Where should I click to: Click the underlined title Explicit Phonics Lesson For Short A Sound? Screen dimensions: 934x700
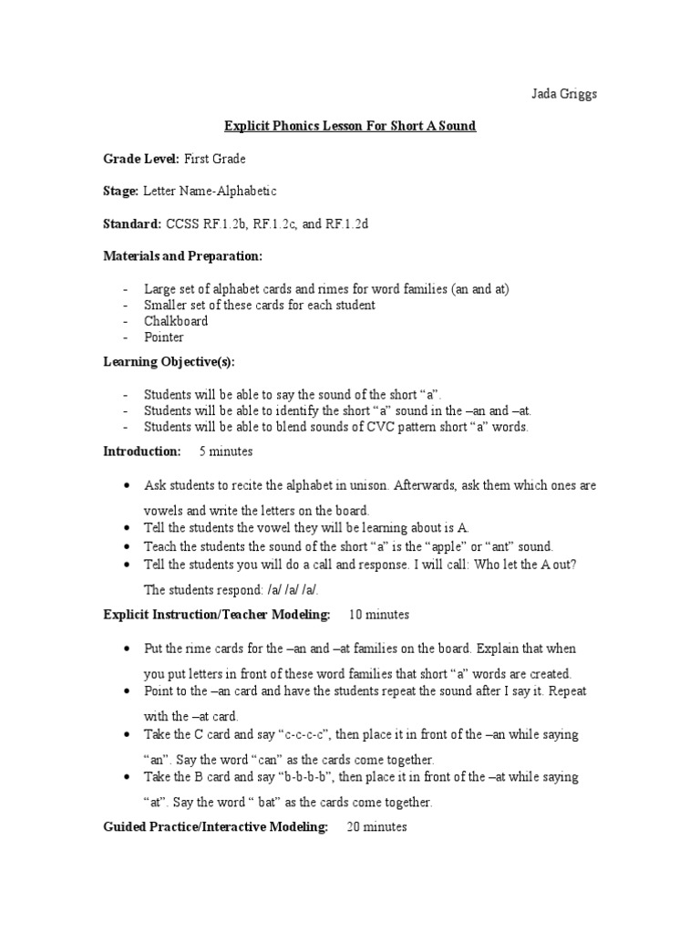coord(350,126)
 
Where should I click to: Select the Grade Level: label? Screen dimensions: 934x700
coord(141,159)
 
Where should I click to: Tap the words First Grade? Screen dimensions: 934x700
coord(214,159)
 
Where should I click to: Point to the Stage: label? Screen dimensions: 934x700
coord(120,191)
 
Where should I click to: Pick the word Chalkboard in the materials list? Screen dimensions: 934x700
coord(176,321)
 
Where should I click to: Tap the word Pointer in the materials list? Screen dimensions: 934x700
coord(164,337)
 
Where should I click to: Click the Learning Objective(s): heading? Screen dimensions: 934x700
coord(169,362)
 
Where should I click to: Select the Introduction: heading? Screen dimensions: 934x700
coord(141,451)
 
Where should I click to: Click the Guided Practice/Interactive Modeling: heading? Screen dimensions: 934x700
coord(215,827)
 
